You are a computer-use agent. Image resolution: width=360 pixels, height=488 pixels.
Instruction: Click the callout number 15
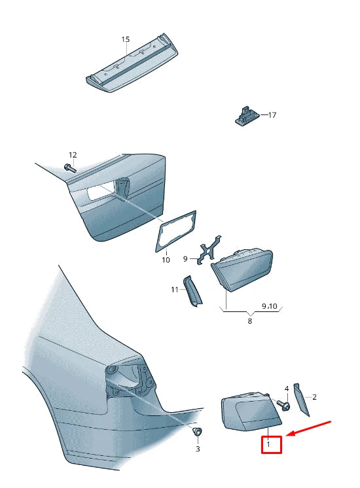click(125, 39)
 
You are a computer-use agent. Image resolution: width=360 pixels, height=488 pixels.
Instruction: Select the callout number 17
click(272, 115)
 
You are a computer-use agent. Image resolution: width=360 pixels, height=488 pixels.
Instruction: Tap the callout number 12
click(73, 155)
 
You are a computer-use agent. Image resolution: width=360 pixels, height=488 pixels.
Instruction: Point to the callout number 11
click(174, 290)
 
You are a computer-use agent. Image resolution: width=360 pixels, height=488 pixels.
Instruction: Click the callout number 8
click(250, 321)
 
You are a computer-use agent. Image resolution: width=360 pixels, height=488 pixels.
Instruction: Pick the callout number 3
click(198, 449)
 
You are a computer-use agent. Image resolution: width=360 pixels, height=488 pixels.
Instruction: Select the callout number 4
click(287, 389)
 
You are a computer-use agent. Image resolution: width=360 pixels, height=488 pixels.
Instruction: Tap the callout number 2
click(315, 397)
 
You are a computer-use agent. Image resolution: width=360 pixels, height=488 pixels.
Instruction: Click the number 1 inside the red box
click(268, 444)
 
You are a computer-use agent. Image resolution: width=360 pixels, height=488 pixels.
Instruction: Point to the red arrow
click(308, 428)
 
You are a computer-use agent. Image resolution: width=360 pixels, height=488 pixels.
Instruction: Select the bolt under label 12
click(70, 168)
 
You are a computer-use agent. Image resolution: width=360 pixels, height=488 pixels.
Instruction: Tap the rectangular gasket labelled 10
click(175, 231)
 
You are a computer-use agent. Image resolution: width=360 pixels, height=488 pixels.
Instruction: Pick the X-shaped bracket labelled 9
click(209, 251)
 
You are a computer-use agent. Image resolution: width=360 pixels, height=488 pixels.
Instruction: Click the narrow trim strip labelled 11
click(192, 292)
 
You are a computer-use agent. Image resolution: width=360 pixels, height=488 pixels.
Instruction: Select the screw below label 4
click(283, 404)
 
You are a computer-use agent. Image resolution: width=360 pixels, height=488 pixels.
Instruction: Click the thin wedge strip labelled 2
click(302, 400)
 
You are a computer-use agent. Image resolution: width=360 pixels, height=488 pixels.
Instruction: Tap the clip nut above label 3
click(197, 432)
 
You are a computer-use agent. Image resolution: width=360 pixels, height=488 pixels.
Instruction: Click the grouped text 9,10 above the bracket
click(270, 306)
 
